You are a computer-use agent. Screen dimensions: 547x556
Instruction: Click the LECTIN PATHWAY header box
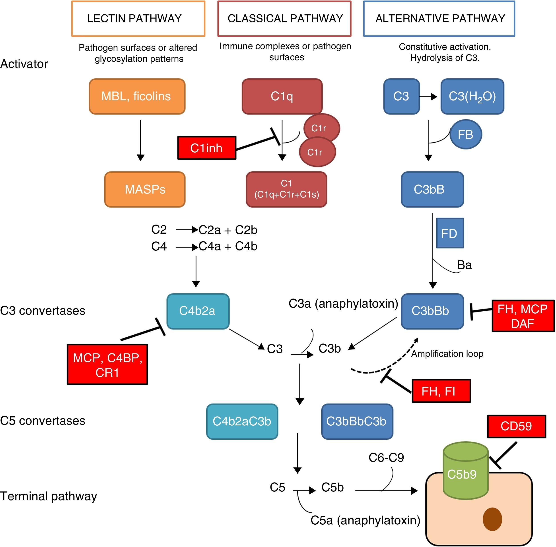138,19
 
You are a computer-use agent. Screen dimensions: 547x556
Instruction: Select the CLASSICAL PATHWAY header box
284,19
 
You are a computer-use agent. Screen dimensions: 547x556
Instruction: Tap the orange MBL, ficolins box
137,97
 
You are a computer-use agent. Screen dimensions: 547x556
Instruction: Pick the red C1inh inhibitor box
207,148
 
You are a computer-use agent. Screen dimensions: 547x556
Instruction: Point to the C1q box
282,97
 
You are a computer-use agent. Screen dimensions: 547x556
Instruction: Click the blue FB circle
465,134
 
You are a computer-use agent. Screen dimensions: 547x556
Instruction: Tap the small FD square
450,233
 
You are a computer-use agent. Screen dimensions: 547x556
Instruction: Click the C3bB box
432,189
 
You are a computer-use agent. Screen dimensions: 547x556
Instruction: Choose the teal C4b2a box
198,311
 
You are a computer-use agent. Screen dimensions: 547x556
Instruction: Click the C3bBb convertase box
432,311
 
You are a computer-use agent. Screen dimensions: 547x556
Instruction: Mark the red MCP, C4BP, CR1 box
107,364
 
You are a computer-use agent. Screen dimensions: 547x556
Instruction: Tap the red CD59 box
516,426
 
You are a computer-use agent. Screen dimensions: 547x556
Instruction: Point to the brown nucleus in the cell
492,519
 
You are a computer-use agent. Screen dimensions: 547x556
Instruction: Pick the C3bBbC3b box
357,421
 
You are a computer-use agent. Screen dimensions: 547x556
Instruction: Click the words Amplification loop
447,354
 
